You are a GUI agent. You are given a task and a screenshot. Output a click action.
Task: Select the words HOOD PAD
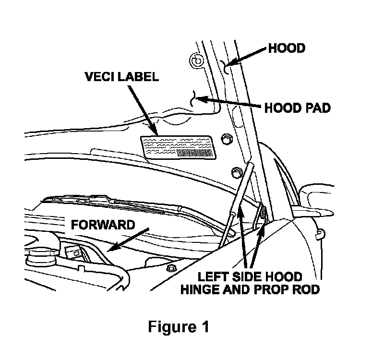tap(297, 108)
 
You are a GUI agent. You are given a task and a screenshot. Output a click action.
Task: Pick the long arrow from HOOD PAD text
tap(231, 102)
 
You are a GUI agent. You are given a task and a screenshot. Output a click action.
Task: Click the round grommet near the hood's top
tap(195, 60)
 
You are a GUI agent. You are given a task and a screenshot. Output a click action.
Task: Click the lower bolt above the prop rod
tap(235, 171)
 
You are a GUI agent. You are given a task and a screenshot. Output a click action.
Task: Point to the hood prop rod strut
tap(238, 202)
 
